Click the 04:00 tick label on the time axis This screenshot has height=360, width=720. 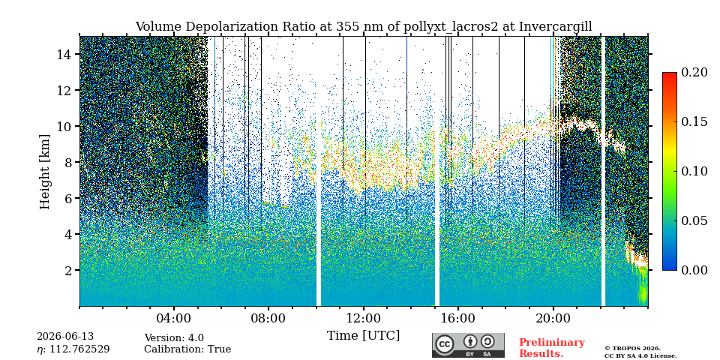174,318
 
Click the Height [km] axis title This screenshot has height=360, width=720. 44,172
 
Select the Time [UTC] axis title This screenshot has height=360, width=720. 363,336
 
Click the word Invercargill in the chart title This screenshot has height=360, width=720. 556,27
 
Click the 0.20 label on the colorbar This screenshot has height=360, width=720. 694,72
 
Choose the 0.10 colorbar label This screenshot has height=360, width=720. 694,171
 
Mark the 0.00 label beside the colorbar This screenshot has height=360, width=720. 694,270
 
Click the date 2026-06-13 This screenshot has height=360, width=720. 65,337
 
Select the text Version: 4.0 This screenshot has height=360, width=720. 174,338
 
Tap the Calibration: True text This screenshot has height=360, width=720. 187,349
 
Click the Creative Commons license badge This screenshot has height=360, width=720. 468,345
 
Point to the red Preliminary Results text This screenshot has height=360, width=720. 552,348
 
